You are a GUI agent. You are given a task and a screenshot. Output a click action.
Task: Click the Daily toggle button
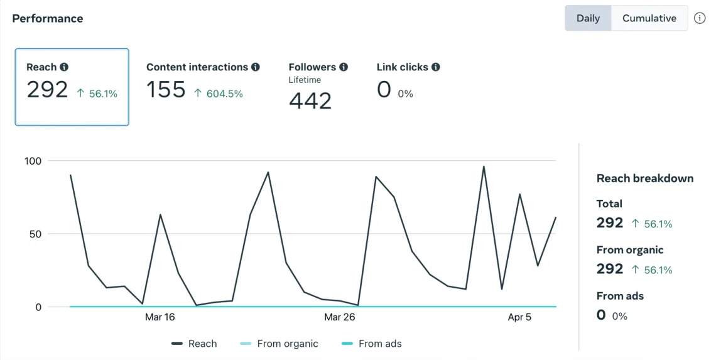click(588, 18)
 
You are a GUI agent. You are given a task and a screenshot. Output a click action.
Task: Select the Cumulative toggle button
click(649, 18)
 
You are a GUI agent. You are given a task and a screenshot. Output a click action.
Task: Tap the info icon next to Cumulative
click(700, 18)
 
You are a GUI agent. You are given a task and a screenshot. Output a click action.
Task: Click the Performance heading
click(48, 18)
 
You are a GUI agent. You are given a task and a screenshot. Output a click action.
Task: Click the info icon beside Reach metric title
click(64, 67)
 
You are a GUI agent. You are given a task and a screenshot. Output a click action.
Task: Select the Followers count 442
click(310, 101)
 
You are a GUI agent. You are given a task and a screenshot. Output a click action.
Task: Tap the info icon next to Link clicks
click(436, 67)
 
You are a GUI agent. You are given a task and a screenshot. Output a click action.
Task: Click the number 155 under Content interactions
click(166, 90)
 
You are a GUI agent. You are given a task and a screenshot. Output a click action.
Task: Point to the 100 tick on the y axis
click(33, 161)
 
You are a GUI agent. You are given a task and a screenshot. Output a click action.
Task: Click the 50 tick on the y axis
click(36, 234)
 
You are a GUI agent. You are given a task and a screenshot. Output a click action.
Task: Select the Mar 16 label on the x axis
click(160, 317)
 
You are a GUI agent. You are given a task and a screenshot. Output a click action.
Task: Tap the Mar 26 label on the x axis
click(340, 317)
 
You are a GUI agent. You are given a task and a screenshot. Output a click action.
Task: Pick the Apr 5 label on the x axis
click(519, 317)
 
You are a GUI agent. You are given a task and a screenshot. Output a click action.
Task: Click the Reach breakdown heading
click(645, 178)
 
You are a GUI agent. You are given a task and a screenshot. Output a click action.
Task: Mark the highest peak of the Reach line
click(484, 166)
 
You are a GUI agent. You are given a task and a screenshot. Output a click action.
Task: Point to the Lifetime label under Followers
click(305, 80)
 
